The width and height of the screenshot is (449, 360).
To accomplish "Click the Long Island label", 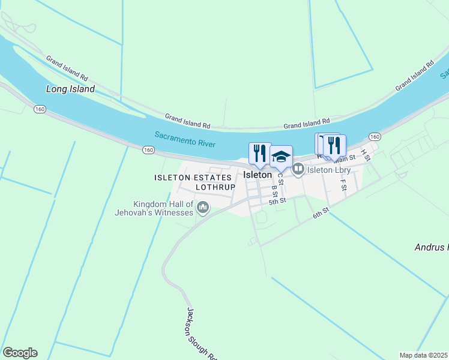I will tap(70, 89).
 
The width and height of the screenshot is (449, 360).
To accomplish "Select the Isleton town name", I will tap(258, 175).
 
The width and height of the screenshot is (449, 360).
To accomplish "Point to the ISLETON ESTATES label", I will tap(193, 178).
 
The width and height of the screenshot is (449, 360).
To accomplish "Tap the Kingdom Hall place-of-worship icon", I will tap(203, 208).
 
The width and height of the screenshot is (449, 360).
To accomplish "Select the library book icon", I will tap(298, 170).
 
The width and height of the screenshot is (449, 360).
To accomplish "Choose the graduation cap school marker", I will tap(281, 157).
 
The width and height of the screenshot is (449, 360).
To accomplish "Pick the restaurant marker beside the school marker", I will tap(260, 154).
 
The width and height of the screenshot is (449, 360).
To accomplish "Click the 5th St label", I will tap(277, 202).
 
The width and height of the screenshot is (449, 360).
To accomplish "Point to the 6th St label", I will tap(321, 213).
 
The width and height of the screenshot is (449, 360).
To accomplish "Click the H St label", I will tap(366, 155).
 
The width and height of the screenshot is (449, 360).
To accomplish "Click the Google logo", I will tap(20, 353).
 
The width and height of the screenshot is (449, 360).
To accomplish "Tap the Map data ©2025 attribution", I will tap(424, 355).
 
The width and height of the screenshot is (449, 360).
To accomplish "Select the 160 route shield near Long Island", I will tap(40, 109).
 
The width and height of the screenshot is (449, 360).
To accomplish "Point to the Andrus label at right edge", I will tap(432, 247).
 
